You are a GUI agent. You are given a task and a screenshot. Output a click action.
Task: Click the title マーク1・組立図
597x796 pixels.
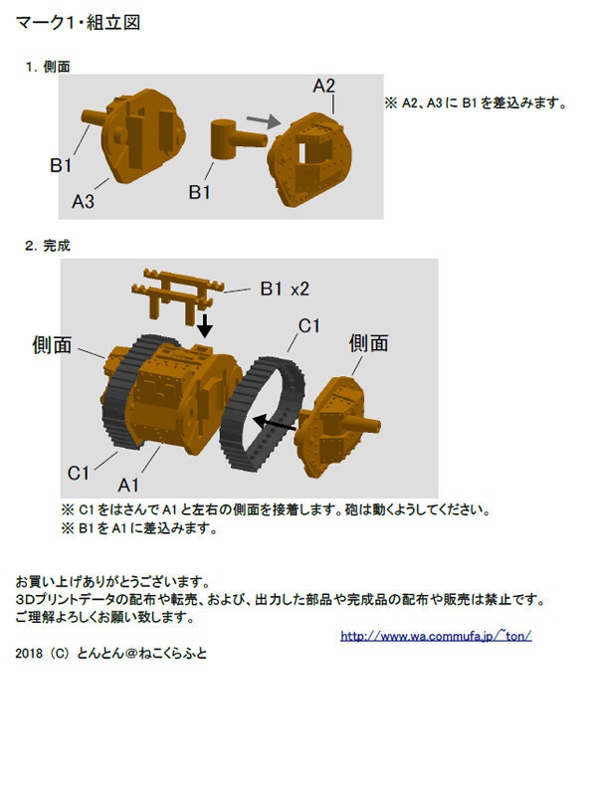[x=78, y=22]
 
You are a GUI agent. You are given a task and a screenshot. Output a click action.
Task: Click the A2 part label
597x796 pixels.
[x=324, y=86]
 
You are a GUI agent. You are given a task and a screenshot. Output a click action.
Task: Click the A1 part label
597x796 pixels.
[x=129, y=485]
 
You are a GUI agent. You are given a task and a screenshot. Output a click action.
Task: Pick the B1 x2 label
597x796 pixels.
[x=286, y=289]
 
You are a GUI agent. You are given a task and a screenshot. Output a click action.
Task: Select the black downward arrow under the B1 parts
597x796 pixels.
[x=205, y=325]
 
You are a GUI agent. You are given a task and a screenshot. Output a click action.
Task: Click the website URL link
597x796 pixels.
[x=436, y=636]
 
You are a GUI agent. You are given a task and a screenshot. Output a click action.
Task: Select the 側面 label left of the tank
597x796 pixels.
[x=52, y=345]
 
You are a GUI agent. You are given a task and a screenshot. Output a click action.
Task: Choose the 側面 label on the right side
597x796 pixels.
[x=368, y=343]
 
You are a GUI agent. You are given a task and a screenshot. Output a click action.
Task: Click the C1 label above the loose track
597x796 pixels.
[x=309, y=325]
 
